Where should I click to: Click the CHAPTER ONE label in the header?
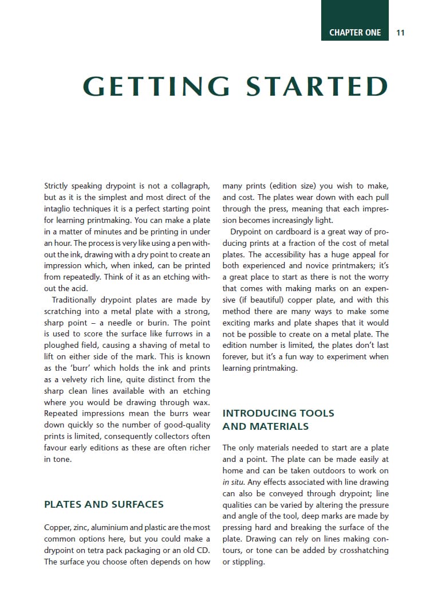pos(355,33)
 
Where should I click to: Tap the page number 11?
pos(400,33)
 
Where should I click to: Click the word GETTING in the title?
pos(156,86)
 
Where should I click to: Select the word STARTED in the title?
pos(317,86)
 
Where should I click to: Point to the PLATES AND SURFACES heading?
pos(104,504)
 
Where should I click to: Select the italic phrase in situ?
pos(232,482)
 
